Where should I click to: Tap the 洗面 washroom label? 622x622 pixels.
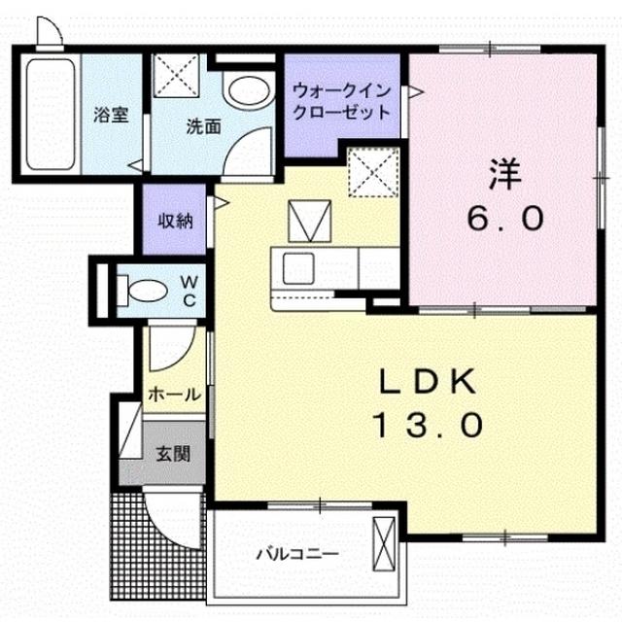point(204,125)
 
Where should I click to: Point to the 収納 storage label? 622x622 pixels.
point(176,220)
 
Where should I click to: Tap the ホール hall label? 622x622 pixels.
point(175,395)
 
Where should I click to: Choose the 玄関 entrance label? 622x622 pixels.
point(175,454)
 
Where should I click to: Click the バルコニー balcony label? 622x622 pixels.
point(295,554)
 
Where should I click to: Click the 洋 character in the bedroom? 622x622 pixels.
point(506,176)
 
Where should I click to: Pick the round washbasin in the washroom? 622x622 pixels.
point(243,92)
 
